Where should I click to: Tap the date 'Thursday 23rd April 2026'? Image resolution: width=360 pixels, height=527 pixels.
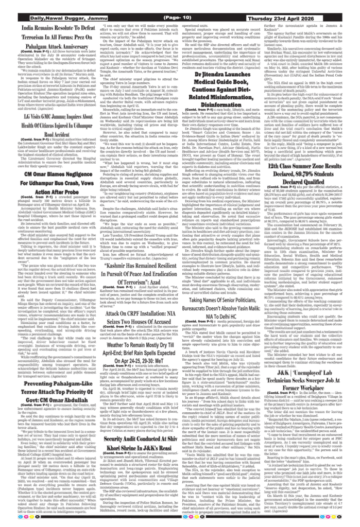284,19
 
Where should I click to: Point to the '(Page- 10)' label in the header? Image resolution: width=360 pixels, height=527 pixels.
177,19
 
